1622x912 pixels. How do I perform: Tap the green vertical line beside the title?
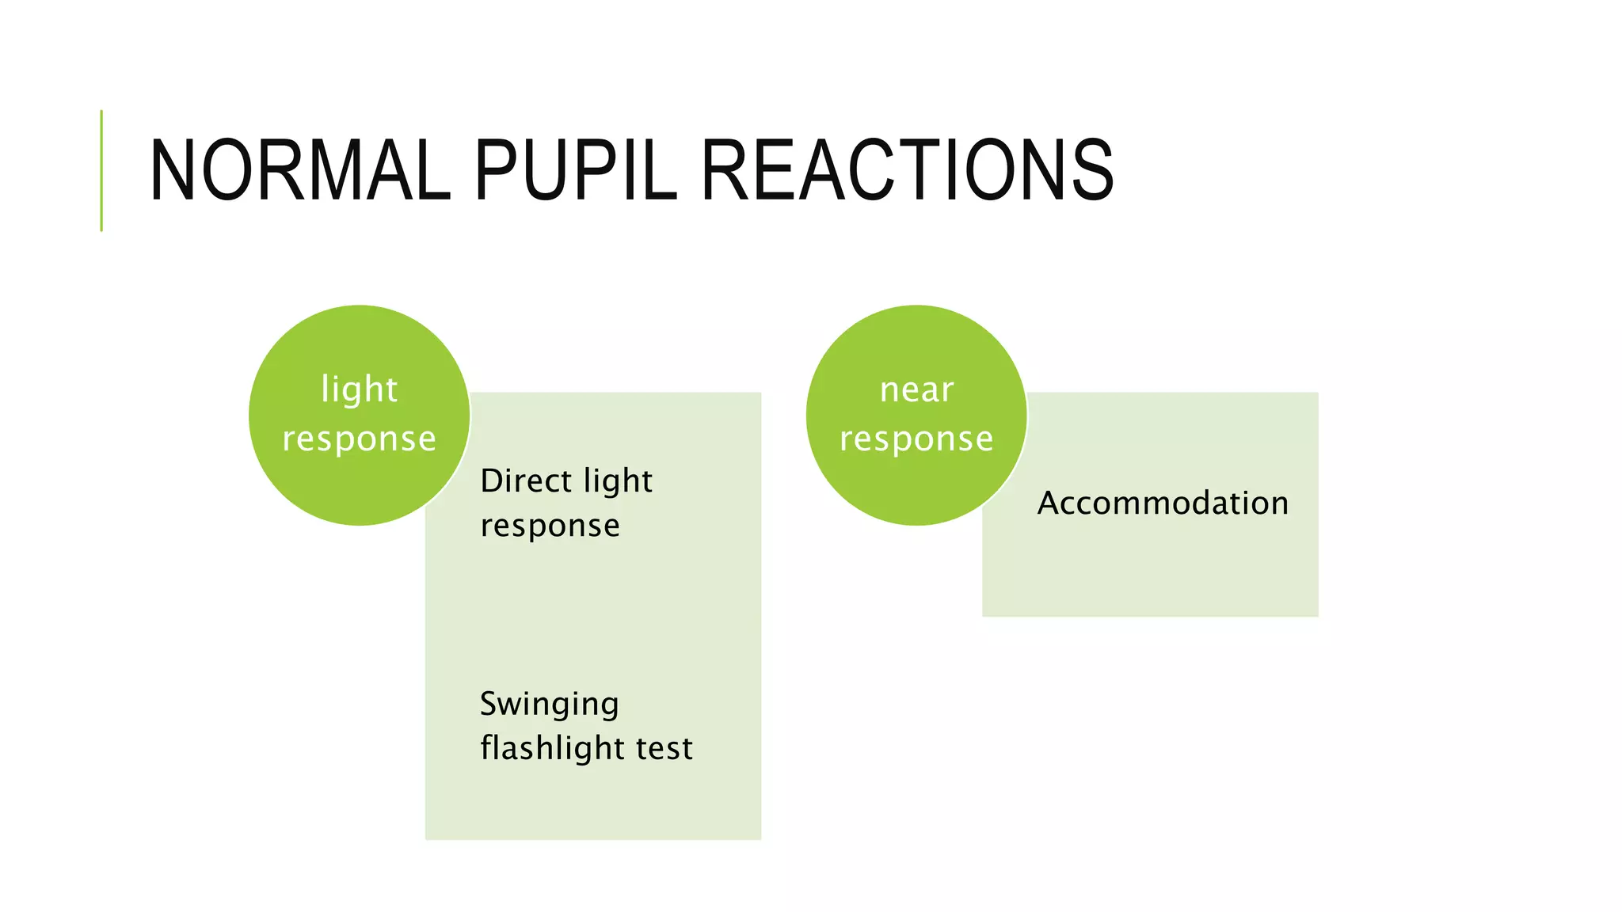101,170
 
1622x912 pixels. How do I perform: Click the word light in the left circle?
359,389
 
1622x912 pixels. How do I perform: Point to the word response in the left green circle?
359,439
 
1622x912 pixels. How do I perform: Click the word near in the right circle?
916,389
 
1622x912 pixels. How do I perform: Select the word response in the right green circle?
916,439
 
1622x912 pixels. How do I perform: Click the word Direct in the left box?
526,481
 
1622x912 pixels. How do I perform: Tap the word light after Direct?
617,481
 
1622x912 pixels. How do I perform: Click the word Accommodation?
1163,503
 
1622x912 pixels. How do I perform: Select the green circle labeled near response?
916,483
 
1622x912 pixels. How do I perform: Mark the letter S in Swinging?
489,703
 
